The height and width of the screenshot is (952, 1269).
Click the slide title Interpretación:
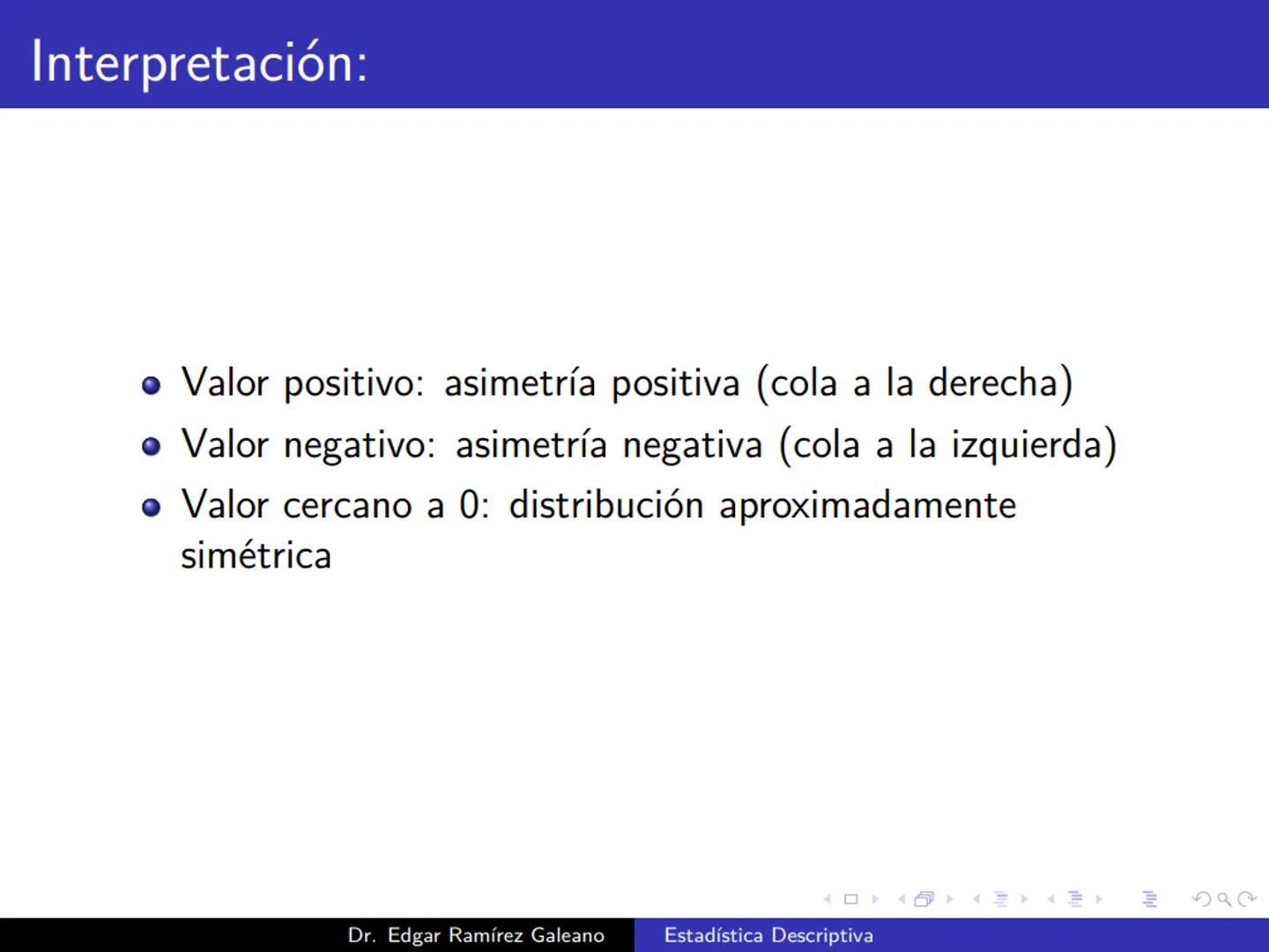pos(199,63)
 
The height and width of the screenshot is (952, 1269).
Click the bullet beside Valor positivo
pos(152,386)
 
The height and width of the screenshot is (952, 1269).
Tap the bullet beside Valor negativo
pos(152,447)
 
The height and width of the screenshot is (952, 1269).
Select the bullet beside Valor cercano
pos(152,508)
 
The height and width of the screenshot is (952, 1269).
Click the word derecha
pos(993,383)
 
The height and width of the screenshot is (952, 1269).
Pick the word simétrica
pos(256,556)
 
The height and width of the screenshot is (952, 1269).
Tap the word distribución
pos(606,506)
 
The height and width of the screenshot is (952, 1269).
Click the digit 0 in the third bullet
pos(469,506)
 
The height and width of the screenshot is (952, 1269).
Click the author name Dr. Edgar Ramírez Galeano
pos(476,935)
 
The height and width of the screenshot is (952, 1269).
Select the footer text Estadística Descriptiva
pos(768,935)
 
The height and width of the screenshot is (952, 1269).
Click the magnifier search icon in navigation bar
pos(1224,900)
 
